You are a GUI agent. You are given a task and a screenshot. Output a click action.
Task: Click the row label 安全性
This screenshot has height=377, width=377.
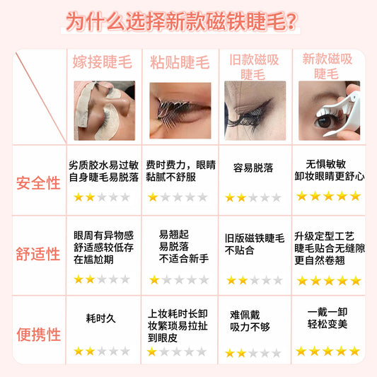point(39,182)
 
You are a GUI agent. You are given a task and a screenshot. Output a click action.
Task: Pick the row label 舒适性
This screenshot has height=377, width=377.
point(39,254)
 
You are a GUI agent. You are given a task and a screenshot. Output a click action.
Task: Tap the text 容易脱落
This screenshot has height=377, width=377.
point(253,168)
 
